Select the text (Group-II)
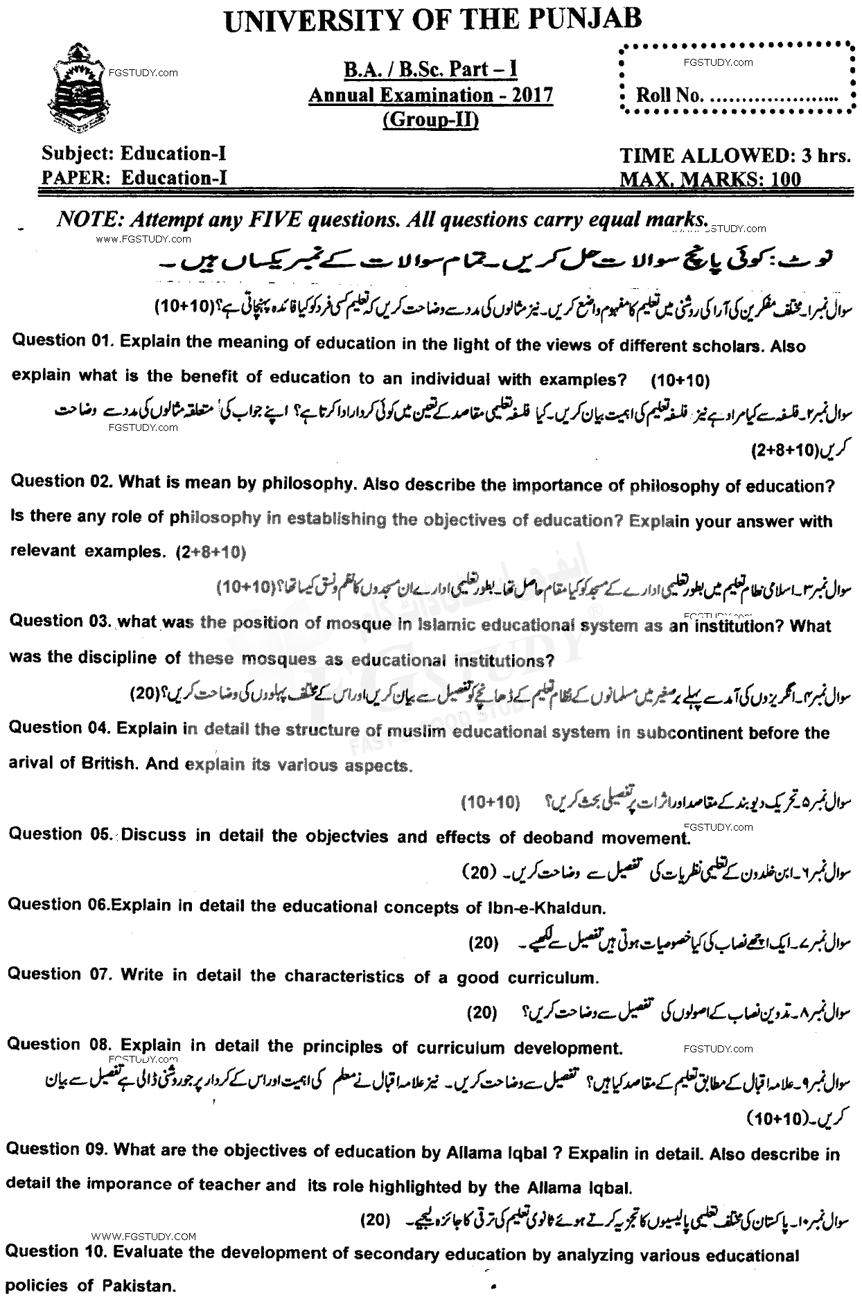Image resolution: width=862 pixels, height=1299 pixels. point(430,120)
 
